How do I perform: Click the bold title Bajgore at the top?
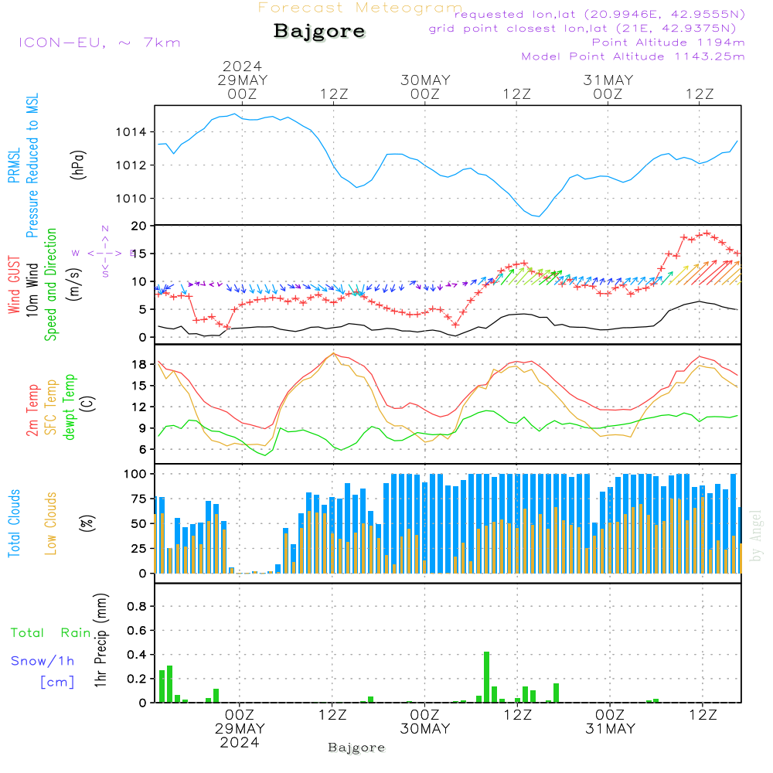[x=319, y=32]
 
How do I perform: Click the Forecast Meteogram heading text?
[x=360, y=8]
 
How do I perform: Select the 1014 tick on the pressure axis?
[x=131, y=132]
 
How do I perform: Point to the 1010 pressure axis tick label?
[x=131, y=199]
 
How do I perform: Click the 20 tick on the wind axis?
[x=139, y=226]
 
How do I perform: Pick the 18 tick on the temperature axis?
[x=139, y=364]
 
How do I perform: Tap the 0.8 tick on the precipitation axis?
[x=136, y=606]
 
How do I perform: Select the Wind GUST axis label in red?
[x=14, y=286]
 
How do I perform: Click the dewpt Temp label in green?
[x=70, y=407]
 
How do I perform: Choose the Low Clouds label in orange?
[x=51, y=521]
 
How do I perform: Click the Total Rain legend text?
[x=50, y=632]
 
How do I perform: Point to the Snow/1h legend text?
[x=43, y=661]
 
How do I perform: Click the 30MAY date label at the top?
[x=425, y=80]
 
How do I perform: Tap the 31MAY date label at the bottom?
[x=609, y=728]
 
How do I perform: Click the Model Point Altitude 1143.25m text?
[x=633, y=56]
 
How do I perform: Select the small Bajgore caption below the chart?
[x=356, y=747]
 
